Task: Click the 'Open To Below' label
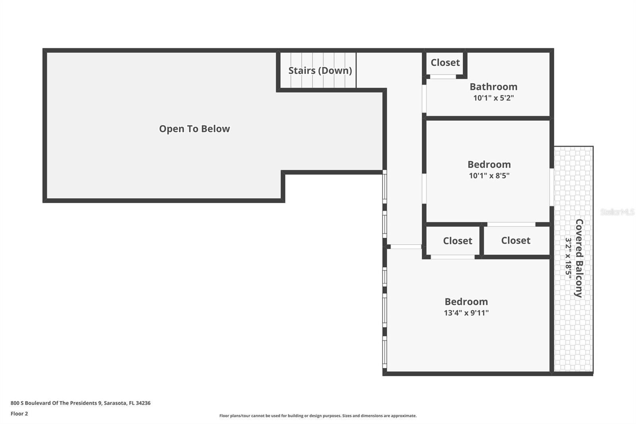pos(194,129)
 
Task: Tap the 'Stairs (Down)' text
pos(320,70)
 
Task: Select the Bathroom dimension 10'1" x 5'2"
pos(493,98)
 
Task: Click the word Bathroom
pos(493,87)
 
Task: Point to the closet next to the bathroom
pos(445,62)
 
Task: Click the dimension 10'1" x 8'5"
pos(489,175)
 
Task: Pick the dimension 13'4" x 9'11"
pos(466,313)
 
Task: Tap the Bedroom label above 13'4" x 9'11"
pos(466,301)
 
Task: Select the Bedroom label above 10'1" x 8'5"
pos(489,164)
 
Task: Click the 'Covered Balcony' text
pos(579,258)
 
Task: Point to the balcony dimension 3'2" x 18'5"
pos(568,258)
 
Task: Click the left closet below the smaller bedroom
pos(457,241)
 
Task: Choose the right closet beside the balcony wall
pos(516,240)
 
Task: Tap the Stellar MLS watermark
pos(617,212)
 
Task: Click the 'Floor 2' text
pos(19,414)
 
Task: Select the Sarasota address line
pos(80,403)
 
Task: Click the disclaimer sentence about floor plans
pos(318,416)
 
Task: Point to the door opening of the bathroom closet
pos(443,76)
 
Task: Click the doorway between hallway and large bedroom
pos(405,247)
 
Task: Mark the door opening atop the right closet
pos(511,224)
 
